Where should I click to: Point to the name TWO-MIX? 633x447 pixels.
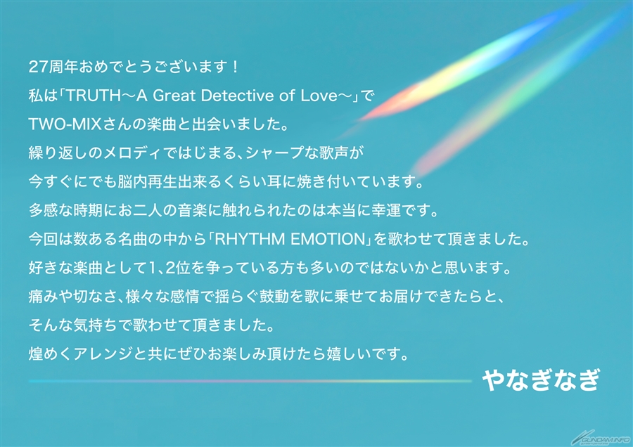pos(65,124)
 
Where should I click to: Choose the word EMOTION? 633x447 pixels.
pos(327,240)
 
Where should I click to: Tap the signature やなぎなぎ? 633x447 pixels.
pos(542,380)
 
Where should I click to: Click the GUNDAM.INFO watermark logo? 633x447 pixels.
pos(601,439)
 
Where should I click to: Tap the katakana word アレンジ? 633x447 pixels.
pos(103,354)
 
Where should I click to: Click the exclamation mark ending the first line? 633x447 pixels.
pos(236,67)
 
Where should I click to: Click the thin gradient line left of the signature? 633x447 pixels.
pos(250,381)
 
